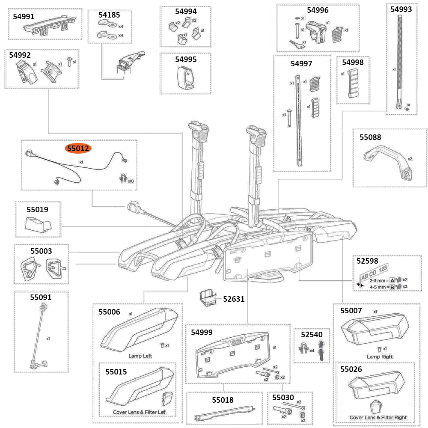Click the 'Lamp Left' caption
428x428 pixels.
point(140,356)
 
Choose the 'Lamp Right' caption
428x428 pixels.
point(380,357)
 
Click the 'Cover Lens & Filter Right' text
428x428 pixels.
point(378,417)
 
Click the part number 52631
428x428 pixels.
point(234,299)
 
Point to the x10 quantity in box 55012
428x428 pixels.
point(131,181)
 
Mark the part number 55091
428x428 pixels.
point(41,297)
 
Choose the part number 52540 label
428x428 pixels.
point(311,334)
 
